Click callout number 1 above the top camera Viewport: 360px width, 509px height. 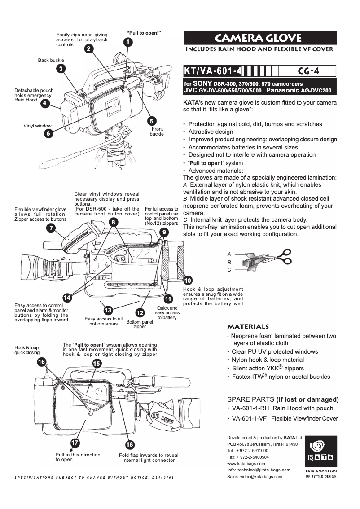(128, 42)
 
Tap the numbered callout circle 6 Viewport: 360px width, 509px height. (48, 133)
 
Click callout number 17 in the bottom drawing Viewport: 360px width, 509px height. (75, 443)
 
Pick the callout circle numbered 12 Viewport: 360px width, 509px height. (140, 312)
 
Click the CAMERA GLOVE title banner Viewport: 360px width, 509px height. (260, 38)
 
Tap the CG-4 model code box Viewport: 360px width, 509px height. (308, 71)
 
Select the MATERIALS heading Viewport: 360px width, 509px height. (248, 326)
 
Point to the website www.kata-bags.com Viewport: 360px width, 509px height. (246, 463)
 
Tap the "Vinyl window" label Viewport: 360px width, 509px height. (37, 126)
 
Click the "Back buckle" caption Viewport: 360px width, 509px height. (51, 60)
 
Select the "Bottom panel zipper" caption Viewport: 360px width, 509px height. (140, 324)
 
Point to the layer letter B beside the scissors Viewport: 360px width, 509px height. (229, 262)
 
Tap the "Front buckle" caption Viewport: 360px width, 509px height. (157, 132)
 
